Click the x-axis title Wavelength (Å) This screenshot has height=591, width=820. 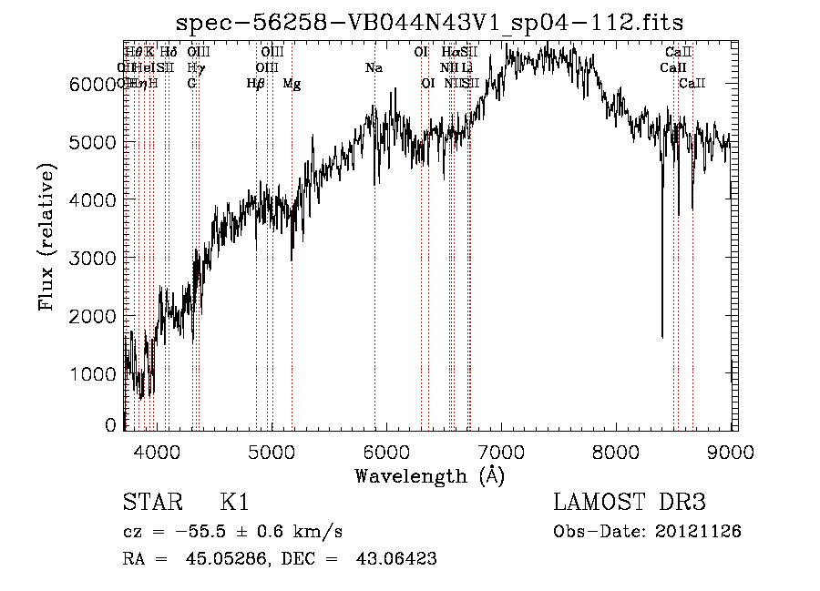pyautogui.click(x=429, y=475)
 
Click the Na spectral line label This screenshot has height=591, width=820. pyautogui.click(x=374, y=68)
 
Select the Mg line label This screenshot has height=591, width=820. pyautogui.click(x=292, y=84)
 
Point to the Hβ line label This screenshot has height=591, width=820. pyautogui.click(x=256, y=84)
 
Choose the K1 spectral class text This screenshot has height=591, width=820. pyautogui.click(x=234, y=504)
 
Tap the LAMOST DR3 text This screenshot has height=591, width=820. pyautogui.click(x=630, y=504)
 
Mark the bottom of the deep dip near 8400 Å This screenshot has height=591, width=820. pyautogui.click(x=662, y=337)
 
